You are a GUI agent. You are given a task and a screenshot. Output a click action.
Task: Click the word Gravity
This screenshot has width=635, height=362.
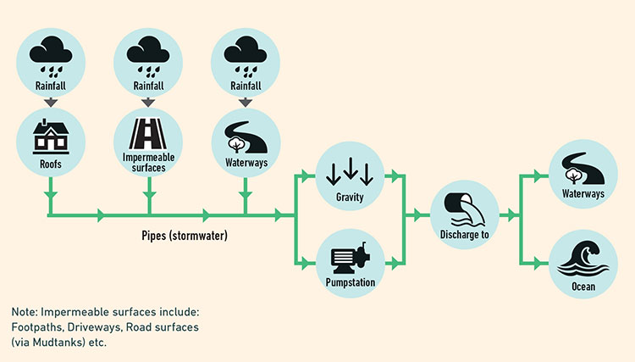coord(351,196)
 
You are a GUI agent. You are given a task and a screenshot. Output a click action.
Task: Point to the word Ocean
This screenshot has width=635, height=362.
coord(583,287)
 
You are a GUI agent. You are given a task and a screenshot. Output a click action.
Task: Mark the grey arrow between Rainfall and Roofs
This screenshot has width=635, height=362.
coord(50,102)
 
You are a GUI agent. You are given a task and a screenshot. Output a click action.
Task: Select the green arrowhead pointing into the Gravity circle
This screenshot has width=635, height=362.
coord(305,176)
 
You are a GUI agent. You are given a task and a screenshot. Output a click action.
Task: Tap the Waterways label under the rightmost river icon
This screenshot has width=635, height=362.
coord(583,194)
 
